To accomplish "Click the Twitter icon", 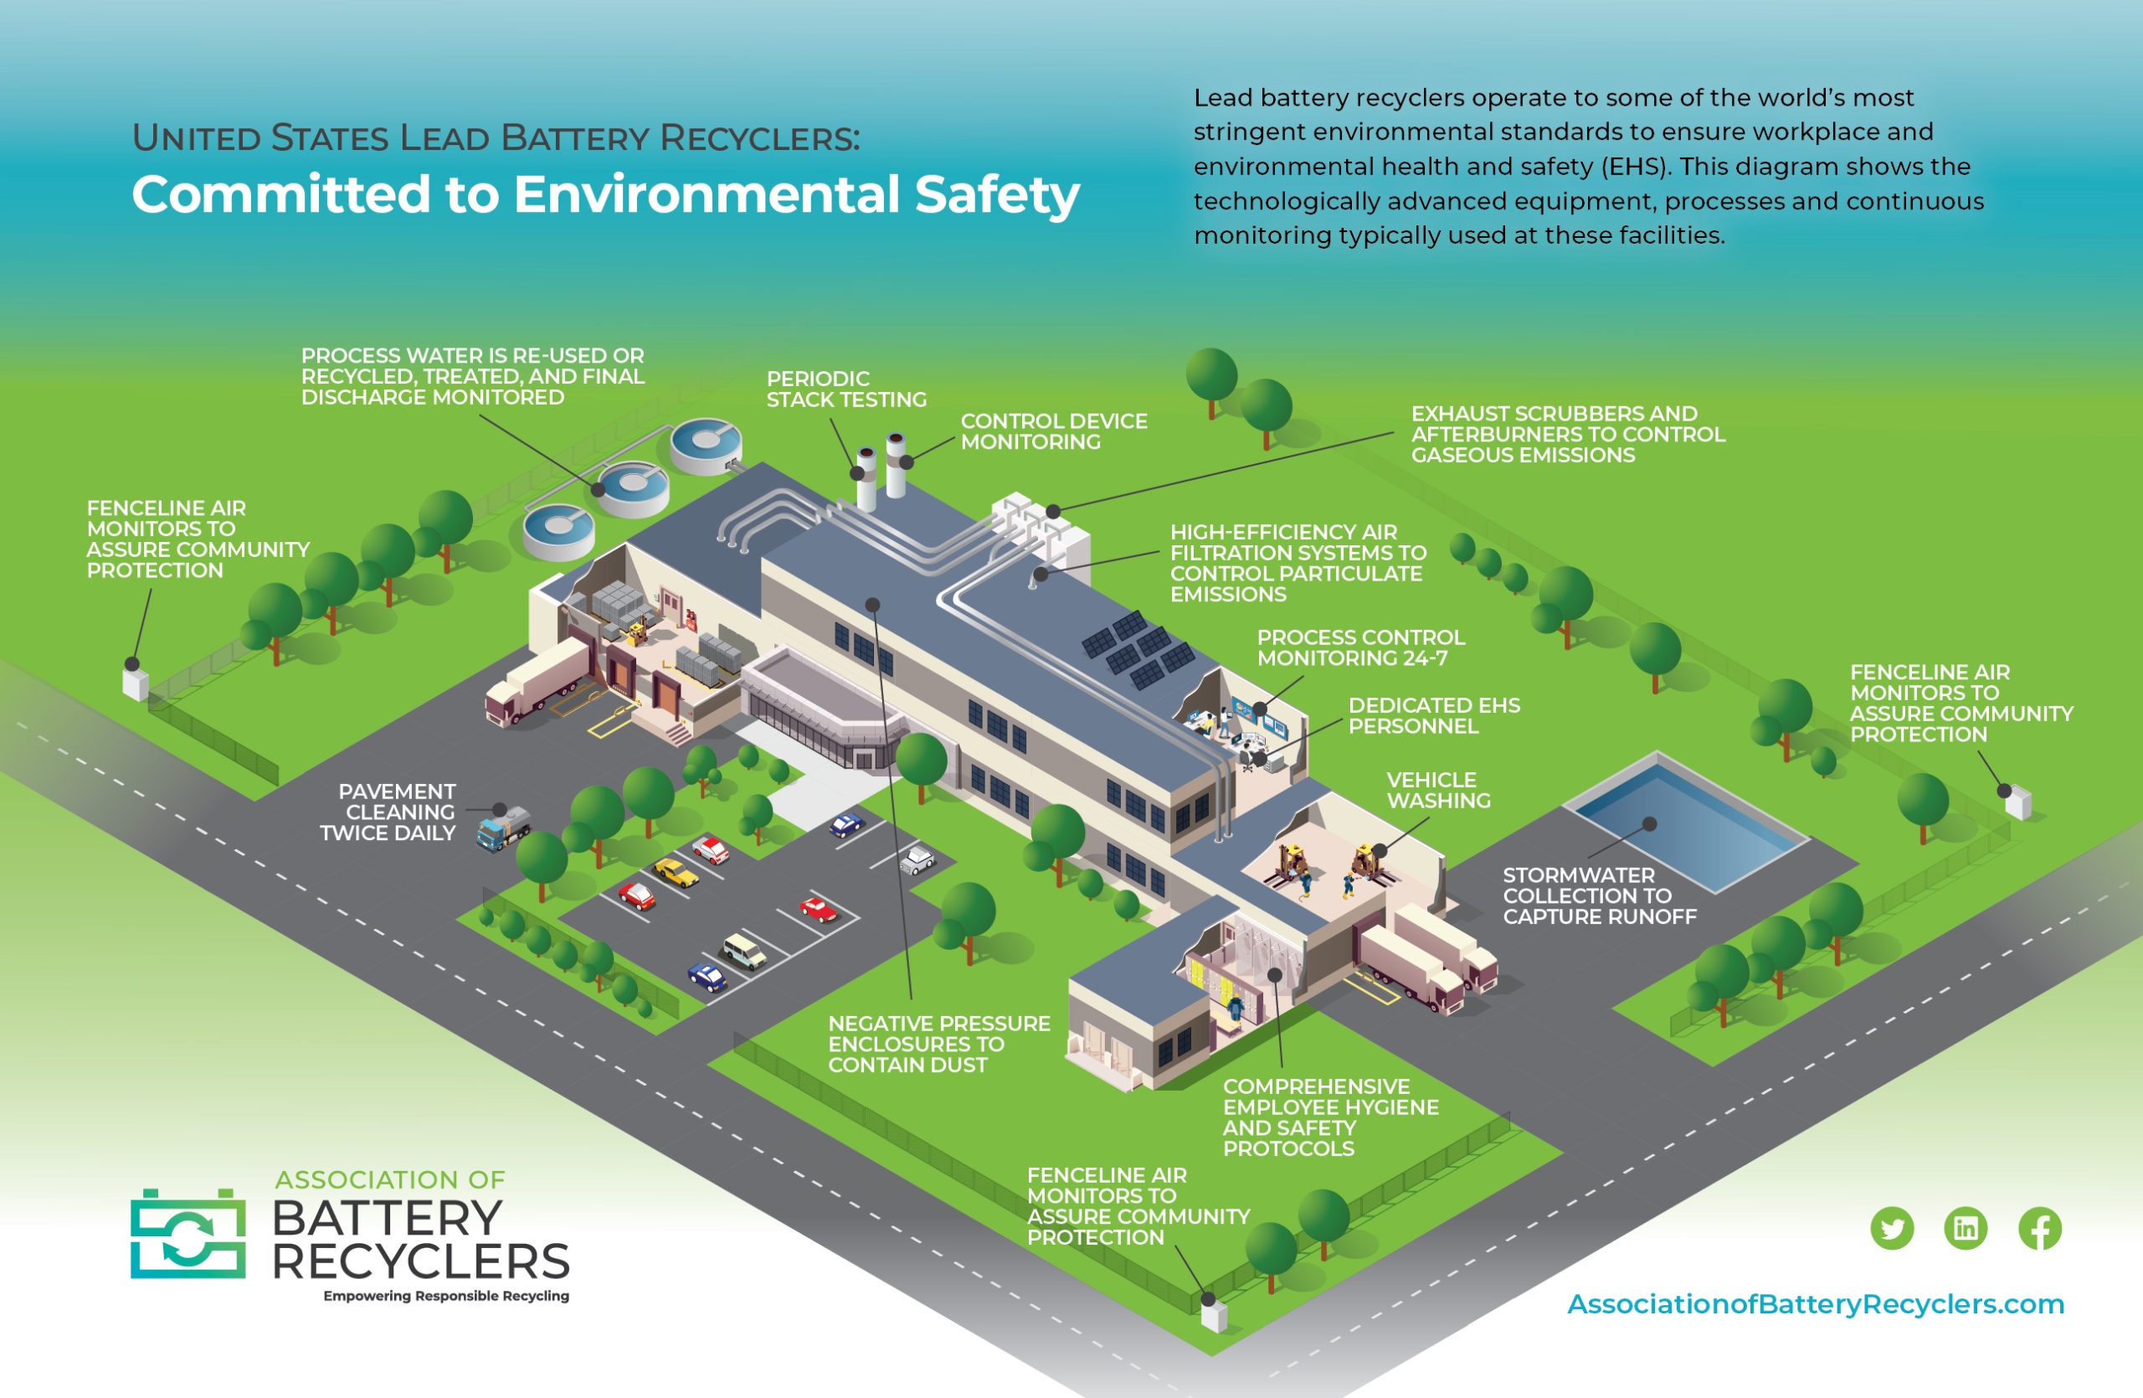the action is [x=1892, y=1228].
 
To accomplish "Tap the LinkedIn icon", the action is [x=1966, y=1228].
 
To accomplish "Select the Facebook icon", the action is [x=2039, y=1228].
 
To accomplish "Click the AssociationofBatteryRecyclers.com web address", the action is [x=1815, y=1303].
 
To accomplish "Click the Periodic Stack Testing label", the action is [x=846, y=389].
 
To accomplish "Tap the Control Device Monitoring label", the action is [x=1053, y=431].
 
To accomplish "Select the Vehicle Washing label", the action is [x=1438, y=790].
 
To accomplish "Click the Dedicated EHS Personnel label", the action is [x=1433, y=715].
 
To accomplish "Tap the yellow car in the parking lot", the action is [x=676, y=872].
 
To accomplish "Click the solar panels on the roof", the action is [x=1138, y=648].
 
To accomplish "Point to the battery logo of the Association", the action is [x=188, y=1233].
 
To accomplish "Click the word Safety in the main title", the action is [x=997, y=194].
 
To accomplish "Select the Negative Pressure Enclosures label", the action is [x=939, y=1044].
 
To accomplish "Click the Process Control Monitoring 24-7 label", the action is [x=1360, y=647].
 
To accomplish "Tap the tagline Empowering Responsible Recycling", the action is [x=447, y=1295].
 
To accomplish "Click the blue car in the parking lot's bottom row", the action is [x=707, y=977].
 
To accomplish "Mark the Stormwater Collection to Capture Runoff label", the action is [x=1599, y=895].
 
